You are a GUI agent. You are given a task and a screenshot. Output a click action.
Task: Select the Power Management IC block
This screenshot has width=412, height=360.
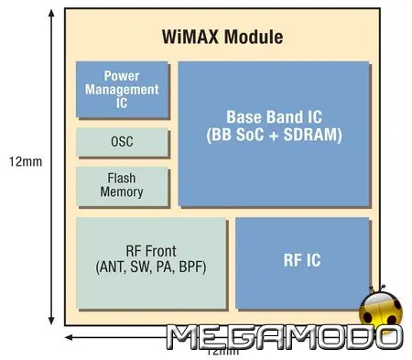[122, 90]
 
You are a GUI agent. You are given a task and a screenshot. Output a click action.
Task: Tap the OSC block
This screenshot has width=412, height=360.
[122, 142]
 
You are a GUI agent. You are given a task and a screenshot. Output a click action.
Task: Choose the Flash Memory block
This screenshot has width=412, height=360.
[122, 186]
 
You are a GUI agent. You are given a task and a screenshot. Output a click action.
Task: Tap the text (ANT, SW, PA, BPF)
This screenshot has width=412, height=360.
[151, 267]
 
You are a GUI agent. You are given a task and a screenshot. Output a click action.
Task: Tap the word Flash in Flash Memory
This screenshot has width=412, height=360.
[122, 180]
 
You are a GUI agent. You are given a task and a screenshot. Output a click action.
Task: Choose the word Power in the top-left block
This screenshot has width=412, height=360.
[122, 77]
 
